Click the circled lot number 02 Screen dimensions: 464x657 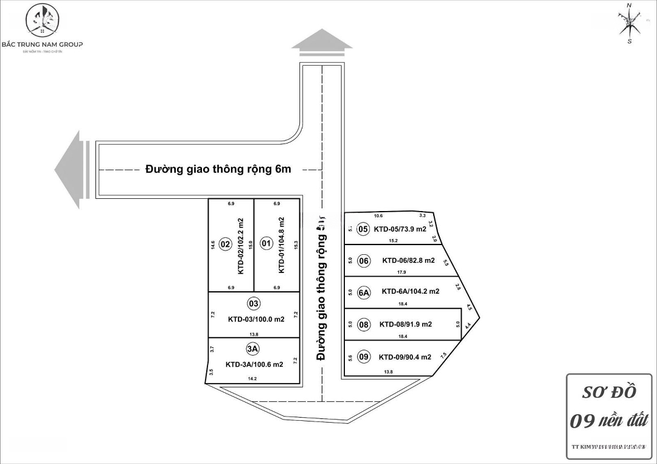point(225,244)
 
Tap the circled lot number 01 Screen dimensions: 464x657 point(266,244)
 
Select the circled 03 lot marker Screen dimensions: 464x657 point(254,303)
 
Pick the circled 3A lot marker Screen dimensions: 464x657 point(253,349)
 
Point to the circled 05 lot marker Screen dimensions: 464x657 point(363,229)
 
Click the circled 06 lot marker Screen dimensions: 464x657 point(364,261)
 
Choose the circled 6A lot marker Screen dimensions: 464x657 point(364,293)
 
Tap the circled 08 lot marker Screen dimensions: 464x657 point(364,325)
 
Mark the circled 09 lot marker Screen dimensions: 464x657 point(364,357)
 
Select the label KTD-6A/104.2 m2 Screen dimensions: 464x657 point(411,292)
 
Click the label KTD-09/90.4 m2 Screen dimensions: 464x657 point(405,357)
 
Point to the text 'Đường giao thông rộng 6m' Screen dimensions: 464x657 point(218,170)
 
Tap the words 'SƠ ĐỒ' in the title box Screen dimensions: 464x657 point(609,392)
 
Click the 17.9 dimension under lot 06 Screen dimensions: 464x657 point(401,272)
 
